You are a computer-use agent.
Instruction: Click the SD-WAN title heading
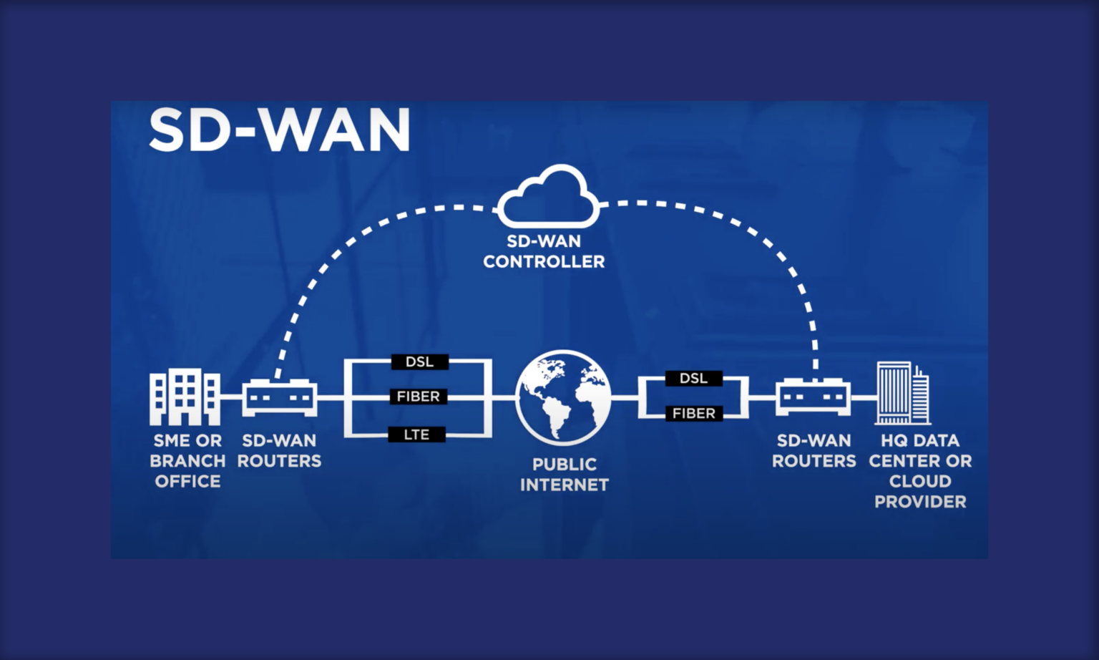click(x=279, y=130)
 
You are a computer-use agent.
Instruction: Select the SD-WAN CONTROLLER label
click(x=544, y=251)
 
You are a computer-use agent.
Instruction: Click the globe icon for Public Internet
click(x=564, y=397)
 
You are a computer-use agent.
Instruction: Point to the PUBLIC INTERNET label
click(x=564, y=475)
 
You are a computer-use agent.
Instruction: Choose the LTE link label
click(x=416, y=435)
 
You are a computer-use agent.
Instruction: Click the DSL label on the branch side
click(x=419, y=362)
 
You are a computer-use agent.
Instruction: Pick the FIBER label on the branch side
click(x=419, y=397)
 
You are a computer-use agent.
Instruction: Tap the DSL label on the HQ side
click(x=693, y=379)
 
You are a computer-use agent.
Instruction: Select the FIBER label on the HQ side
click(x=693, y=414)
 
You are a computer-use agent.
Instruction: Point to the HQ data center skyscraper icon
click(x=903, y=393)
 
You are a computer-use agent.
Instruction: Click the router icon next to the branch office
click(x=279, y=397)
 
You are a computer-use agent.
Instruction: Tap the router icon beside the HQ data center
click(x=813, y=397)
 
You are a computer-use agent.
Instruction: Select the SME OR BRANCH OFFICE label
click(x=187, y=461)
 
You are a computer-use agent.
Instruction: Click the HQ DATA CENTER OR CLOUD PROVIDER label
click(x=920, y=471)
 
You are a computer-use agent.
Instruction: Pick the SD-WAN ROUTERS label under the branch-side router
click(x=279, y=451)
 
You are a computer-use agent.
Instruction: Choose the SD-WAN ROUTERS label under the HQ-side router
click(x=814, y=451)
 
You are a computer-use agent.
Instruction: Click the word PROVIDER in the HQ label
click(x=920, y=502)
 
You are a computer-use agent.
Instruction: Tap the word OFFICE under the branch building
click(x=187, y=482)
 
